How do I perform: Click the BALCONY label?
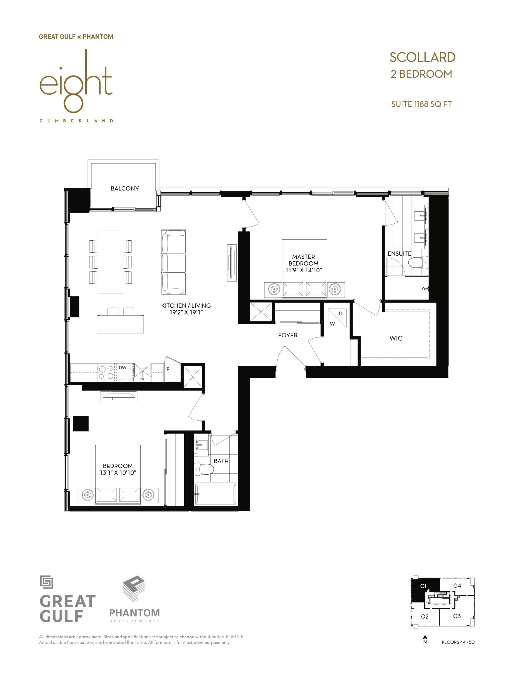(125, 188)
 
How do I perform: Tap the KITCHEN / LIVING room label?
(186, 306)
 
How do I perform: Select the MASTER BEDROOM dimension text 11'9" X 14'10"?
(304, 270)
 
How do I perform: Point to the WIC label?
(396, 338)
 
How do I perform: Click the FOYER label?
(288, 335)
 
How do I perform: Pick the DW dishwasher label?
(122, 368)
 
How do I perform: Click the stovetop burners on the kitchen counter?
(106, 372)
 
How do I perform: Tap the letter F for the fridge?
(168, 369)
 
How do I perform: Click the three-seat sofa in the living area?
(173, 262)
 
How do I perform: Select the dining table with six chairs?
(110, 262)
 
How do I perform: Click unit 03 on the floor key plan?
(457, 616)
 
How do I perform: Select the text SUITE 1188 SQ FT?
(421, 104)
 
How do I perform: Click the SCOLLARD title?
(422, 57)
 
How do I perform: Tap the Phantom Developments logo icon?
(134, 589)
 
